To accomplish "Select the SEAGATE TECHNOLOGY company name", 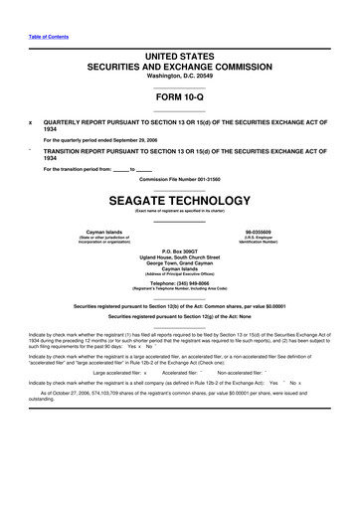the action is tap(180, 200).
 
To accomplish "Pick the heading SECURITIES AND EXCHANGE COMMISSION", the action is tap(180, 67).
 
